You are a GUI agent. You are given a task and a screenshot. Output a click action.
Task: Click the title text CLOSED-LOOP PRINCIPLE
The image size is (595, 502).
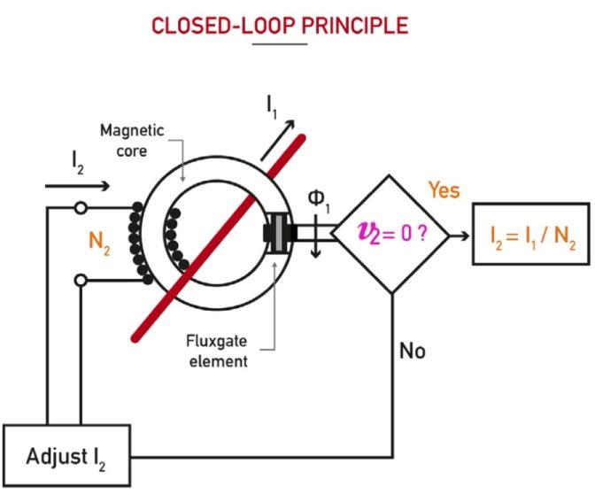pyautogui.click(x=280, y=25)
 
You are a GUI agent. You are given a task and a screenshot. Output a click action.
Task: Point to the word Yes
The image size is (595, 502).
pyautogui.click(x=444, y=189)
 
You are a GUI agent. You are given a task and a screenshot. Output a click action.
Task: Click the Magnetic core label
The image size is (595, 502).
pyautogui.click(x=132, y=140)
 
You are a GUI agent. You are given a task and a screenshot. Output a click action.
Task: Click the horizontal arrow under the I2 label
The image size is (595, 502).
pyautogui.click(x=77, y=186)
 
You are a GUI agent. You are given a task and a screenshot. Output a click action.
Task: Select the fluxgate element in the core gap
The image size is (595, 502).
pyautogui.click(x=280, y=233)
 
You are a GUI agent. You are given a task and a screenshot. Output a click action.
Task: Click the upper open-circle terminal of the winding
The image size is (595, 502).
pyautogui.click(x=81, y=209)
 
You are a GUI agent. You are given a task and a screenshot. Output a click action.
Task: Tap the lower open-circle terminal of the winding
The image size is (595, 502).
pyautogui.click(x=81, y=281)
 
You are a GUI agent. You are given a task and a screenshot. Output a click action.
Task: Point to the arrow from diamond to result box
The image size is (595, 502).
pyautogui.click(x=458, y=235)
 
